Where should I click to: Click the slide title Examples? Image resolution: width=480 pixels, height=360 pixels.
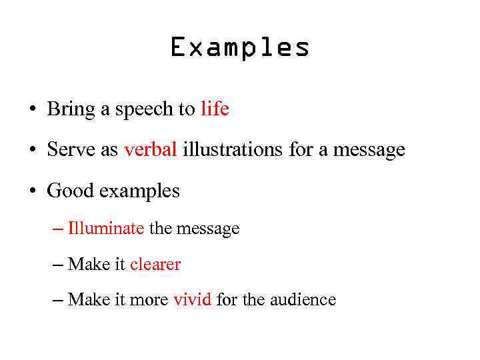240,48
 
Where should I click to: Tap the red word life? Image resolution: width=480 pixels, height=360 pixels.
215,109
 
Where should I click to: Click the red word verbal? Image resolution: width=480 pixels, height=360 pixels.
150,149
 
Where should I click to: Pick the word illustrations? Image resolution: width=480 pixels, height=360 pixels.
233,149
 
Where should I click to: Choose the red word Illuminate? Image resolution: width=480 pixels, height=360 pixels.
106,229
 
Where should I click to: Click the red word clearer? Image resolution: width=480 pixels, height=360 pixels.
155,265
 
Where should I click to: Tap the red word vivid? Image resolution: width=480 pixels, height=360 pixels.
192,299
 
